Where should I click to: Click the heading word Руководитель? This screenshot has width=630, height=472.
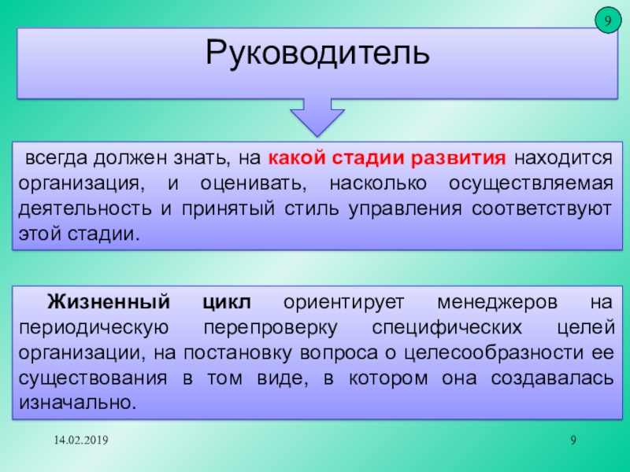tap(317, 53)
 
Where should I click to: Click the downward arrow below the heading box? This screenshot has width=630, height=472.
tap(317, 117)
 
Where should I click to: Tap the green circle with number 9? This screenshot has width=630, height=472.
tap(607, 20)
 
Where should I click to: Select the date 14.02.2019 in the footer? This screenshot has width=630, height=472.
tap(81, 441)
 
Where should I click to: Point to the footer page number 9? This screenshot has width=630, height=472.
tap(573, 441)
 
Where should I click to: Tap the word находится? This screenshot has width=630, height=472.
tap(563, 159)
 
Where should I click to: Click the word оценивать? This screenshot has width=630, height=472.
tap(253, 184)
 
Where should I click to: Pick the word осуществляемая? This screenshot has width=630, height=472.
tap(531, 184)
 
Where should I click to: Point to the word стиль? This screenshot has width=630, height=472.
tap(312, 209)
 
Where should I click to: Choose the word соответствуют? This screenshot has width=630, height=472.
tap(542, 209)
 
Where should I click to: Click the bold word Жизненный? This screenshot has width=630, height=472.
tap(109, 301)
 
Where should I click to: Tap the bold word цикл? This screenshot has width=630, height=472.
tap(227, 303)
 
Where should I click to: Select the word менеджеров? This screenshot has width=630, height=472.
tap(497, 303)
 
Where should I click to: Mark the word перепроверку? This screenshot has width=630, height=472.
tap(270, 328)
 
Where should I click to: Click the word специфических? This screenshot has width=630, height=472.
tap(447, 328)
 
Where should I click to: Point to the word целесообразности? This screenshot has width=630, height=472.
tap(494, 353)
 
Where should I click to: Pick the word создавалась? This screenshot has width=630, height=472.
tap(552, 378)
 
